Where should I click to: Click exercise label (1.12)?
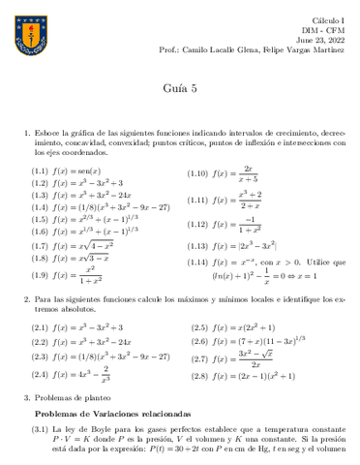click(x=199, y=225)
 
